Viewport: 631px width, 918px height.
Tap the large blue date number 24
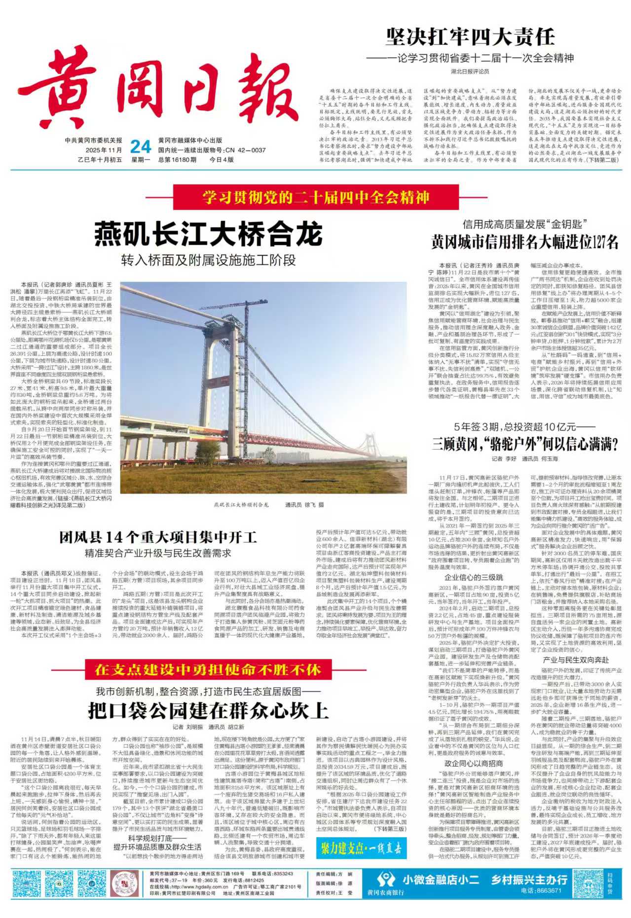[140, 147]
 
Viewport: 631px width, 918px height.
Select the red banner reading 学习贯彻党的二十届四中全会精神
[316, 197]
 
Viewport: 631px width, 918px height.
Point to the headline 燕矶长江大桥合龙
[208, 234]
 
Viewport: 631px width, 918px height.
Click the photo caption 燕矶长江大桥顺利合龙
[241, 505]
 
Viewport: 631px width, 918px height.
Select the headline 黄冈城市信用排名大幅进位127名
[524, 242]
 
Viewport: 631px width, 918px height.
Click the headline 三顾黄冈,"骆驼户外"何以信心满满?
[525, 444]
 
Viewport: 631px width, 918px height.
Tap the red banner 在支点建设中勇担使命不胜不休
[208, 670]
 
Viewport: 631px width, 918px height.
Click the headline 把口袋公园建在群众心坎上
[208, 711]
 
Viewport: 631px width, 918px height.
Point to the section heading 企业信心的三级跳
[474, 577]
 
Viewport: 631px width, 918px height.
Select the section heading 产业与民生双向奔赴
[576, 660]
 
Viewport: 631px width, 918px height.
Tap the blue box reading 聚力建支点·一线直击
[361, 848]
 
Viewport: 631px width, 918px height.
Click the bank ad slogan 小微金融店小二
[441, 880]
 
